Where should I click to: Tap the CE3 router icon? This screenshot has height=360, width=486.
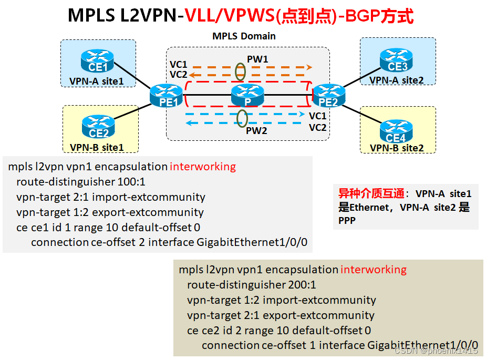(x=397, y=60)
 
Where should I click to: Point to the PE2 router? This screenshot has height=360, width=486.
(x=328, y=95)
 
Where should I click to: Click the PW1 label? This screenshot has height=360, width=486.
(x=257, y=59)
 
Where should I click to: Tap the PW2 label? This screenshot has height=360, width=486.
(x=256, y=130)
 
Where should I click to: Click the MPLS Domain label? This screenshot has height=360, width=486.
(x=244, y=36)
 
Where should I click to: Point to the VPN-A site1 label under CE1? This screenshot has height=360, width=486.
(x=97, y=81)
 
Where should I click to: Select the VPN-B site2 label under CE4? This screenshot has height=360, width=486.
(x=397, y=148)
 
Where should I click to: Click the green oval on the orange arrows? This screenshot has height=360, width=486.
(x=240, y=71)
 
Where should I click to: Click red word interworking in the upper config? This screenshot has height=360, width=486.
(x=203, y=167)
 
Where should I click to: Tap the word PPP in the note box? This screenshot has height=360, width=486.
(x=347, y=221)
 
